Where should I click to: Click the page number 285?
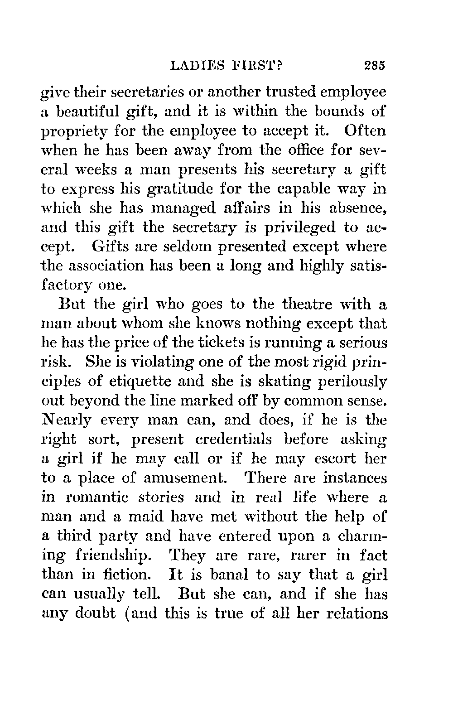tap(374, 65)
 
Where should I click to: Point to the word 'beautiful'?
tap(93, 111)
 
